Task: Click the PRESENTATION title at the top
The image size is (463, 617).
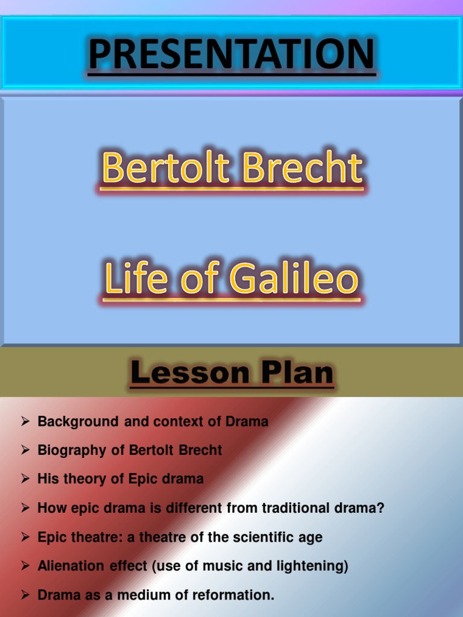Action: [232, 54]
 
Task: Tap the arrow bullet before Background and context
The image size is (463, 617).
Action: [25, 421]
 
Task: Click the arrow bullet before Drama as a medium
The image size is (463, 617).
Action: [25, 595]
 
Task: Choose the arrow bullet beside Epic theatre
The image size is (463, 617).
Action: [25, 537]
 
